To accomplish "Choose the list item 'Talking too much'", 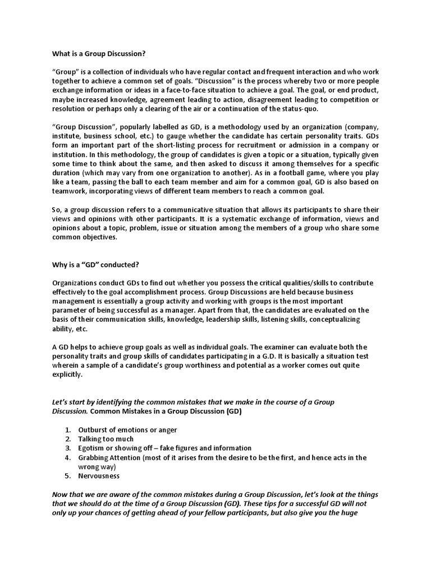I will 106,439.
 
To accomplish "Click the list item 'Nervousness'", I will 99,476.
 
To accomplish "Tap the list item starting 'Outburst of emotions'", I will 127,430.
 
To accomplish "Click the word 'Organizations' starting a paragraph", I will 77,282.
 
